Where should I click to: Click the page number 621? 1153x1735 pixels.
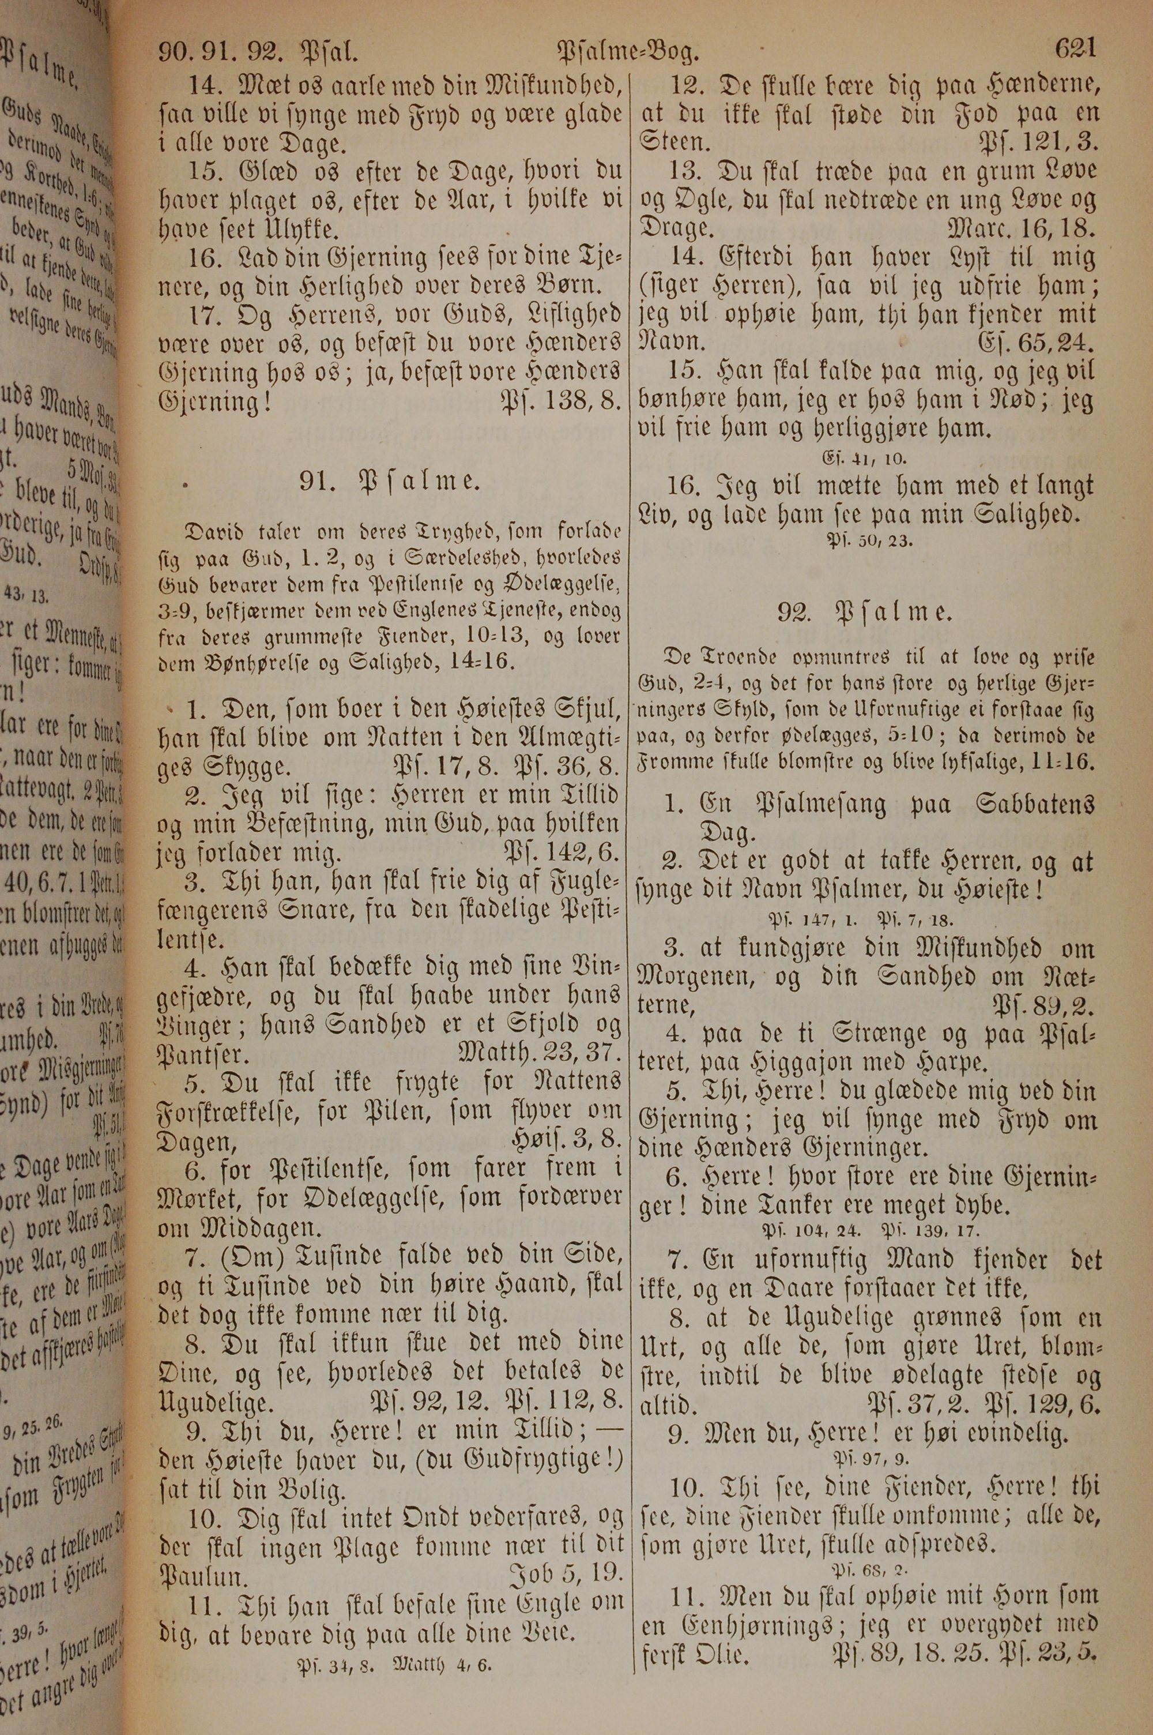point(1075,50)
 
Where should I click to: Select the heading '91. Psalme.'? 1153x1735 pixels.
point(390,482)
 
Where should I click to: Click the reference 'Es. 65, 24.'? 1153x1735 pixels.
point(1037,343)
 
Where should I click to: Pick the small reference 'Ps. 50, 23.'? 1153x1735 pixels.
point(870,540)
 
